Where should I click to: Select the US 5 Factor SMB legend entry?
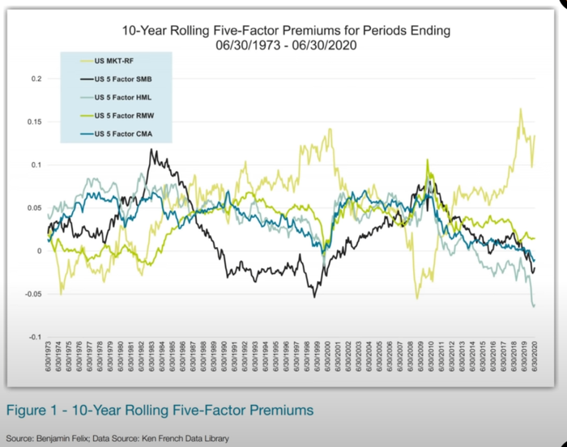pos(124,80)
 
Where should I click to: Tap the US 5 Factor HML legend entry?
pos(124,97)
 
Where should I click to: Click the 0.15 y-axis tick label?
pos(32,122)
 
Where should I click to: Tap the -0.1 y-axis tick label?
pos(33,337)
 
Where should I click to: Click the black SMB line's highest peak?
pos(151,150)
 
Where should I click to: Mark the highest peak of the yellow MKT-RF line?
pos(520,109)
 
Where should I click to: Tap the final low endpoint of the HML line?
pos(535,306)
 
